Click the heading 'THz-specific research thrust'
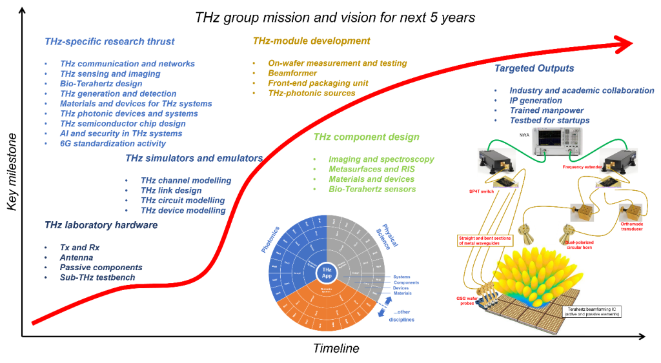109,42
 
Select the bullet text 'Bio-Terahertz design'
101,84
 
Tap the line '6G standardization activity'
113,144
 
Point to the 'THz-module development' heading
311,41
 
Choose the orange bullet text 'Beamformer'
293,74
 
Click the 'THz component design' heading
366,137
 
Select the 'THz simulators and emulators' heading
194,159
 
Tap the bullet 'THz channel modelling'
186,181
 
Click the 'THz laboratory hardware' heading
101,226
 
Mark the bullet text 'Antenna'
78,257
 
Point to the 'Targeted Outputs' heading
534,68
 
